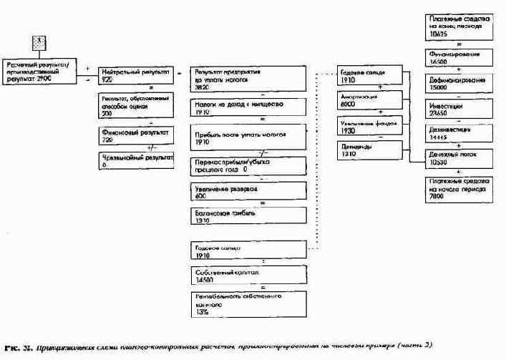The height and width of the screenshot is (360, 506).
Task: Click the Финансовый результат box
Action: [135, 136]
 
